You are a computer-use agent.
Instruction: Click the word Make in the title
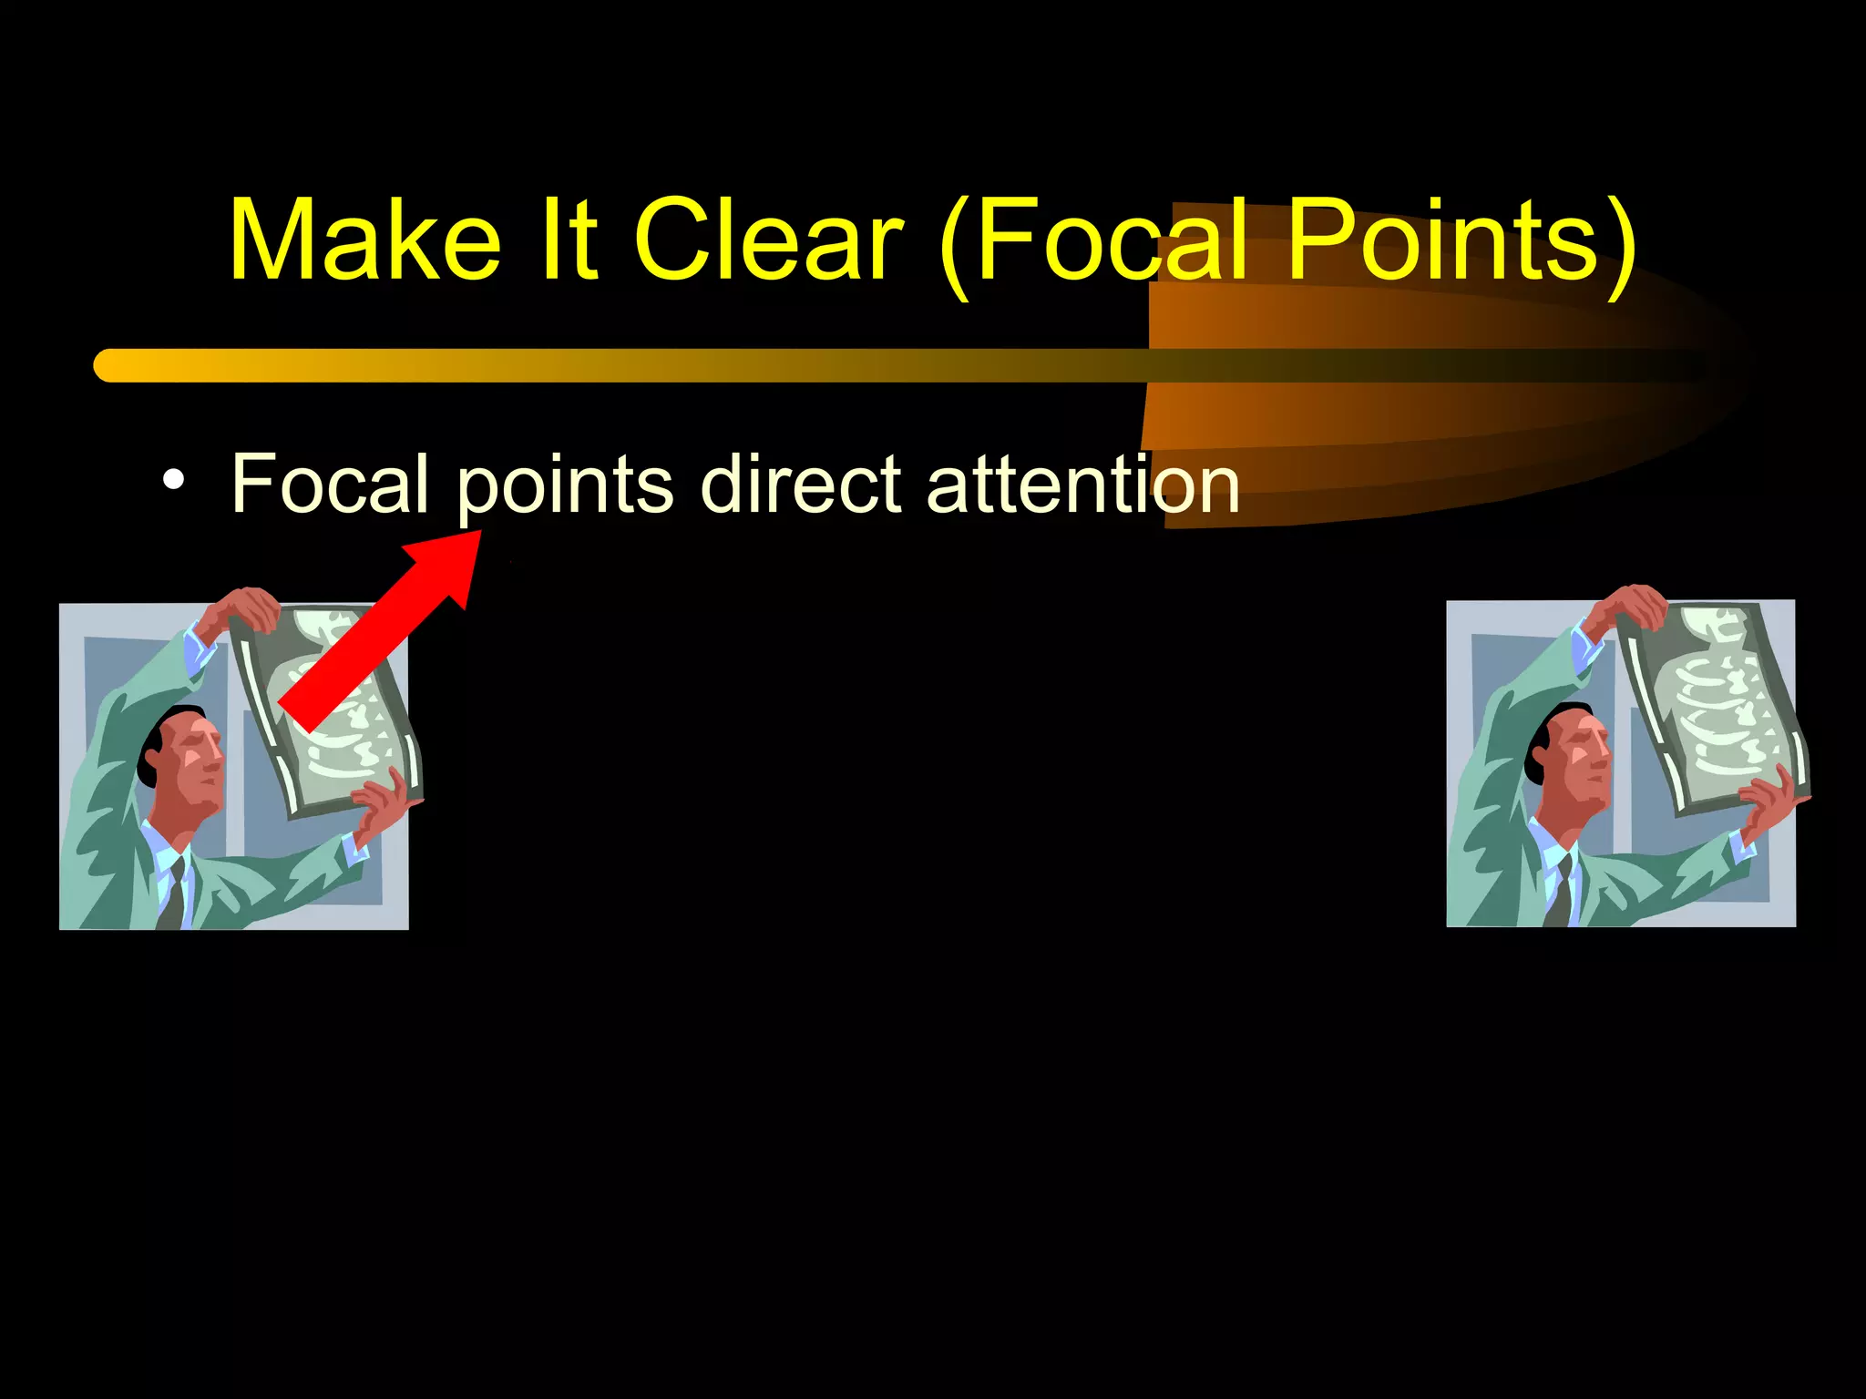point(364,240)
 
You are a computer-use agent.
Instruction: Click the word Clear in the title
point(768,240)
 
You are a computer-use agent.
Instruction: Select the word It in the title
point(567,240)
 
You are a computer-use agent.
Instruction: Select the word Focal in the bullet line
point(330,484)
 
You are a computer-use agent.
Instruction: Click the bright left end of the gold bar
point(114,365)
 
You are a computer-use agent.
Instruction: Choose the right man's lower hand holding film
point(1772,802)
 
